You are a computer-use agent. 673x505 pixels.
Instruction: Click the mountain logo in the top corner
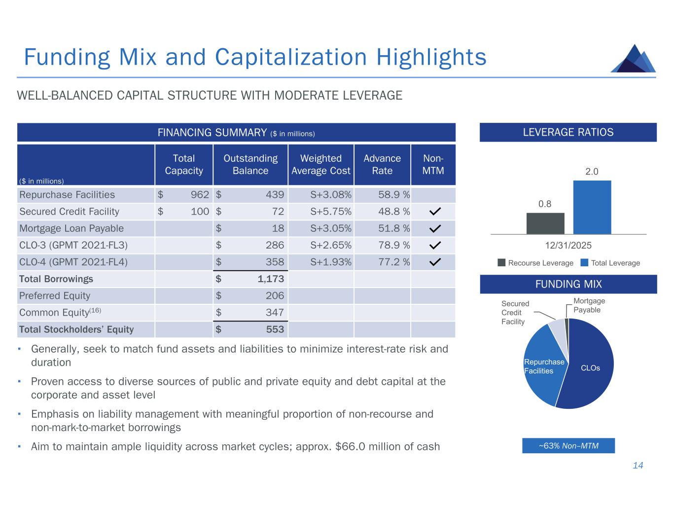tap(634, 59)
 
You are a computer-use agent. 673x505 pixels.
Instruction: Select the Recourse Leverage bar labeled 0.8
tap(545, 223)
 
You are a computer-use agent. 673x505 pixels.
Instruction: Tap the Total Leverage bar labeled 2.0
tap(592, 207)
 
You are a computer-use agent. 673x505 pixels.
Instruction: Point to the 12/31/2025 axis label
tap(568, 246)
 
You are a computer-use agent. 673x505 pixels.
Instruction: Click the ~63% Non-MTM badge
tap(568, 446)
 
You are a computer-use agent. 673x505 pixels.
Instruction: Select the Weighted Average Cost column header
tap(321, 165)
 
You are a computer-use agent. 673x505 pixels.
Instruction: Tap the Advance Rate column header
tap(382, 165)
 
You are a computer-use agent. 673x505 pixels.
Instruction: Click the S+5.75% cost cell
tap(331, 212)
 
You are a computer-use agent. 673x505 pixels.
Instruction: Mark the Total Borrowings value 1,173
tap(271, 279)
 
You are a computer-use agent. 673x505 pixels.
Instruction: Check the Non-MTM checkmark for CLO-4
tap(434, 262)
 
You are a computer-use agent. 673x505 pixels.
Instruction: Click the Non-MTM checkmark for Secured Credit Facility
tap(434, 212)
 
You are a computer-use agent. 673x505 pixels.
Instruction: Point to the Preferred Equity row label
tap(55, 296)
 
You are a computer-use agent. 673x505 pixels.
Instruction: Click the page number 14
tap(638, 466)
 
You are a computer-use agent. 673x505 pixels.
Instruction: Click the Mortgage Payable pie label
tap(589, 305)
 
